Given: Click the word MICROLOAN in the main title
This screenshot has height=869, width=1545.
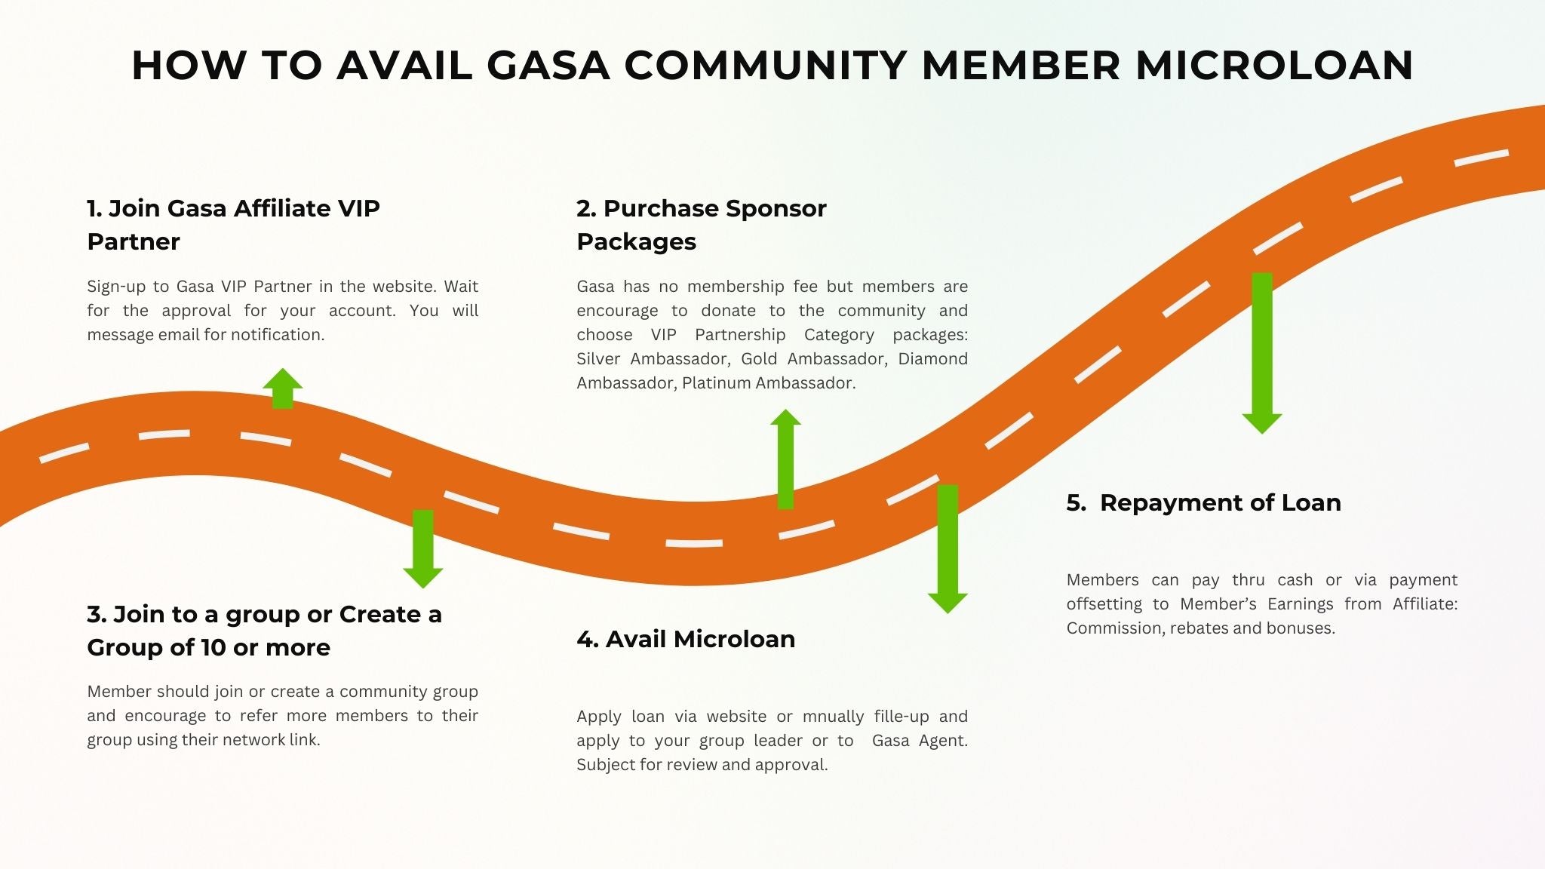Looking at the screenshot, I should pos(1274,65).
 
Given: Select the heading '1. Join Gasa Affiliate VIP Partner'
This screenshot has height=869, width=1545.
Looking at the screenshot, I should pos(233,225).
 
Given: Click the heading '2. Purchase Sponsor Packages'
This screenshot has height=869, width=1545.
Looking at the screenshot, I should pos(701,225).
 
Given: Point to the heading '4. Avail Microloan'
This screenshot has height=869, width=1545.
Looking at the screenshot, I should pos(685,639).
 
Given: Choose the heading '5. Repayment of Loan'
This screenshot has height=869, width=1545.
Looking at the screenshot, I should pos(1203,502).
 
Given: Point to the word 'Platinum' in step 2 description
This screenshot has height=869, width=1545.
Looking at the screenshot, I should pos(716,383).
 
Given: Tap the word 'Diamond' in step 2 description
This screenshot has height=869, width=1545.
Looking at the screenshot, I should pos(932,359).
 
